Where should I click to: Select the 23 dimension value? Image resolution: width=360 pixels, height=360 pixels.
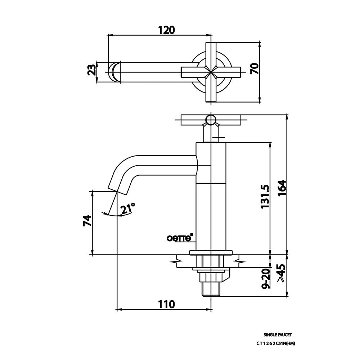tap(92, 69)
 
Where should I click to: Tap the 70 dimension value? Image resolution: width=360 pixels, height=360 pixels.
tap(254, 68)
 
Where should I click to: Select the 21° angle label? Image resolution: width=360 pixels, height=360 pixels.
tap(128, 208)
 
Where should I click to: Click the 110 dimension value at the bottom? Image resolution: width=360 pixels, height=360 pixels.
tap(166, 304)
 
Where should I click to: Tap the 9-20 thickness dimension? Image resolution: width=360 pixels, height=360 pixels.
tap(266, 279)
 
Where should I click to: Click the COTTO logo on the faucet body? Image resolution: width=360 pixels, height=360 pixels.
tap(181, 238)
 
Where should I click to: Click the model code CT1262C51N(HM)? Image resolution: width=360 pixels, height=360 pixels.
tap(276, 343)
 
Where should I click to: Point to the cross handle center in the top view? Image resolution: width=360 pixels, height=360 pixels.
tap(211, 71)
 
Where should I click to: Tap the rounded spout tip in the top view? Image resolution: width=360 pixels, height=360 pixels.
tap(113, 71)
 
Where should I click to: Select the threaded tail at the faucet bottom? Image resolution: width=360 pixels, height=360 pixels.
tap(211, 288)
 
